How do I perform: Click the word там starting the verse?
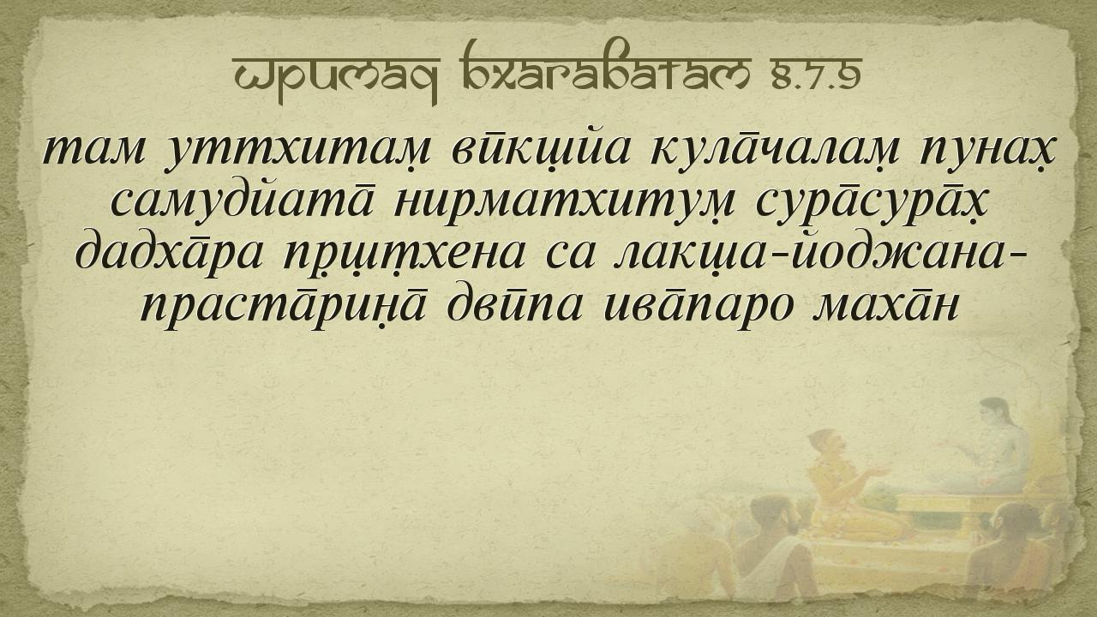tap(94, 150)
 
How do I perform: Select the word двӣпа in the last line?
tap(515, 307)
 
